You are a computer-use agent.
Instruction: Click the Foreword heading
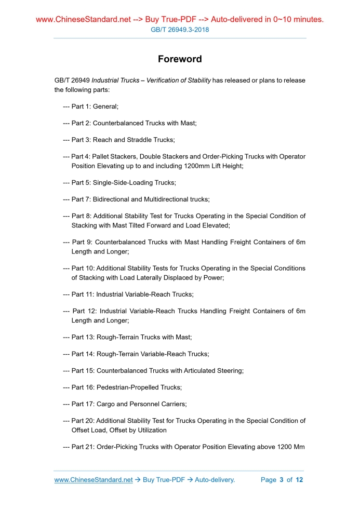(180, 59)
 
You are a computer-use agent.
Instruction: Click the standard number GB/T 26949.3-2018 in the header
(180, 30)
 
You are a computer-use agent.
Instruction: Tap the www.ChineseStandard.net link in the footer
(94, 480)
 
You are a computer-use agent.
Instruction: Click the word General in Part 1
(105, 106)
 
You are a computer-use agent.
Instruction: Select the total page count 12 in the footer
(299, 480)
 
